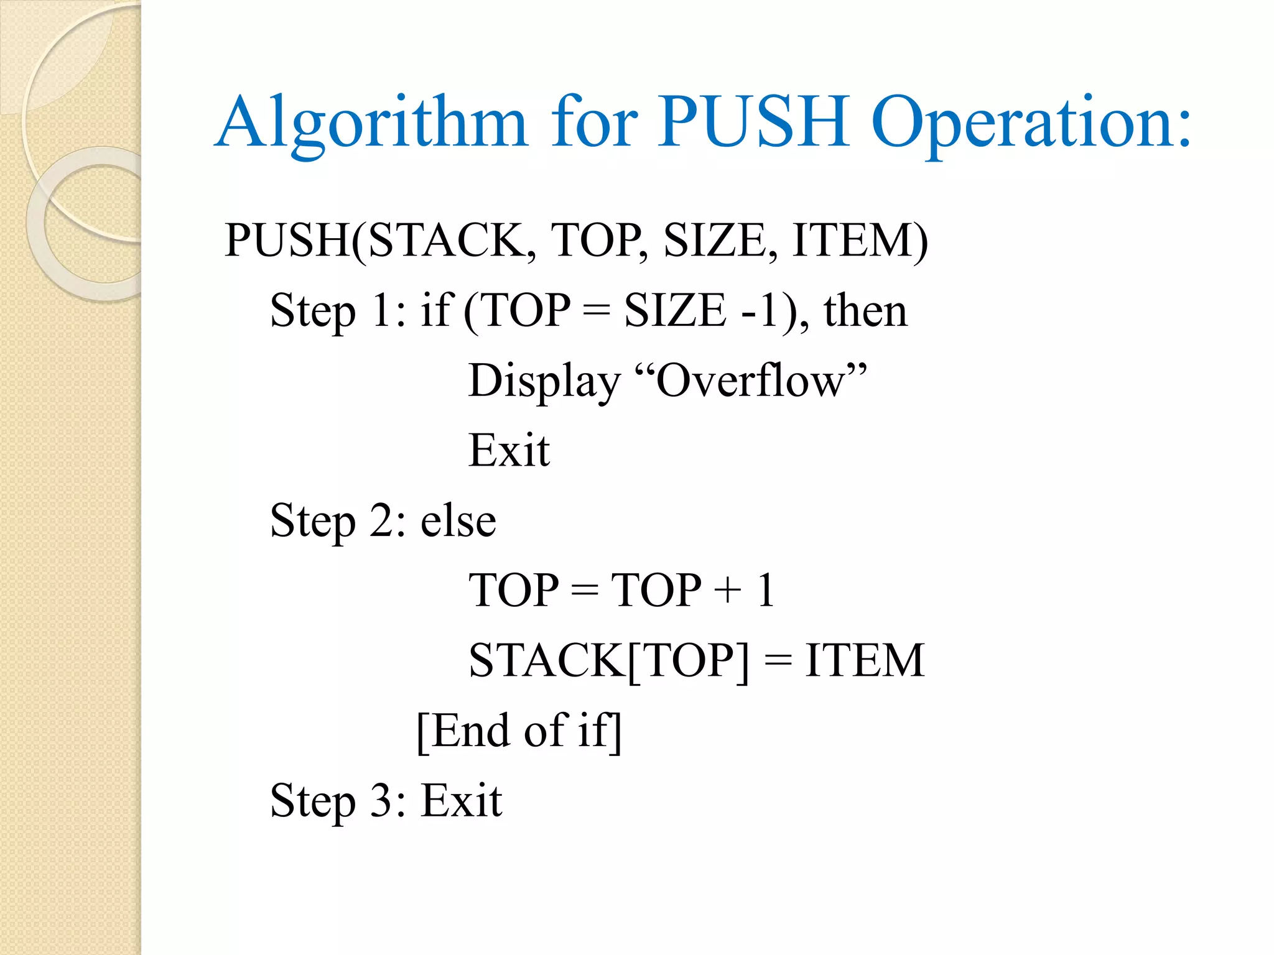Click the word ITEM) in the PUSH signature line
pyautogui.click(x=860, y=240)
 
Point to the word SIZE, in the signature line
pyautogui.click(x=720, y=240)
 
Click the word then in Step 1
pyautogui.click(x=865, y=310)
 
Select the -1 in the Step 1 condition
pyautogui.click(x=760, y=310)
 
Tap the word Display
pyautogui.click(x=544, y=381)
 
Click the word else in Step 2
pyautogui.click(x=458, y=520)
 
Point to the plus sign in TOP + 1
pyautogui.click(x=728, y=590)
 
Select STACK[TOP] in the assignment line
pyautogui.click(x=609, y=660)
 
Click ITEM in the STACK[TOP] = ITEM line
pyautogui.click(x=865, y=660)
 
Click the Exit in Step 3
pyautogui.click(x=462, y=800)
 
